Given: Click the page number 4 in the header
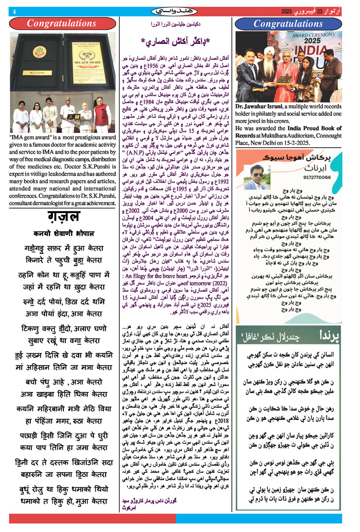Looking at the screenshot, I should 14,12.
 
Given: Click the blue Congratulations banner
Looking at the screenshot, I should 288,23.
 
